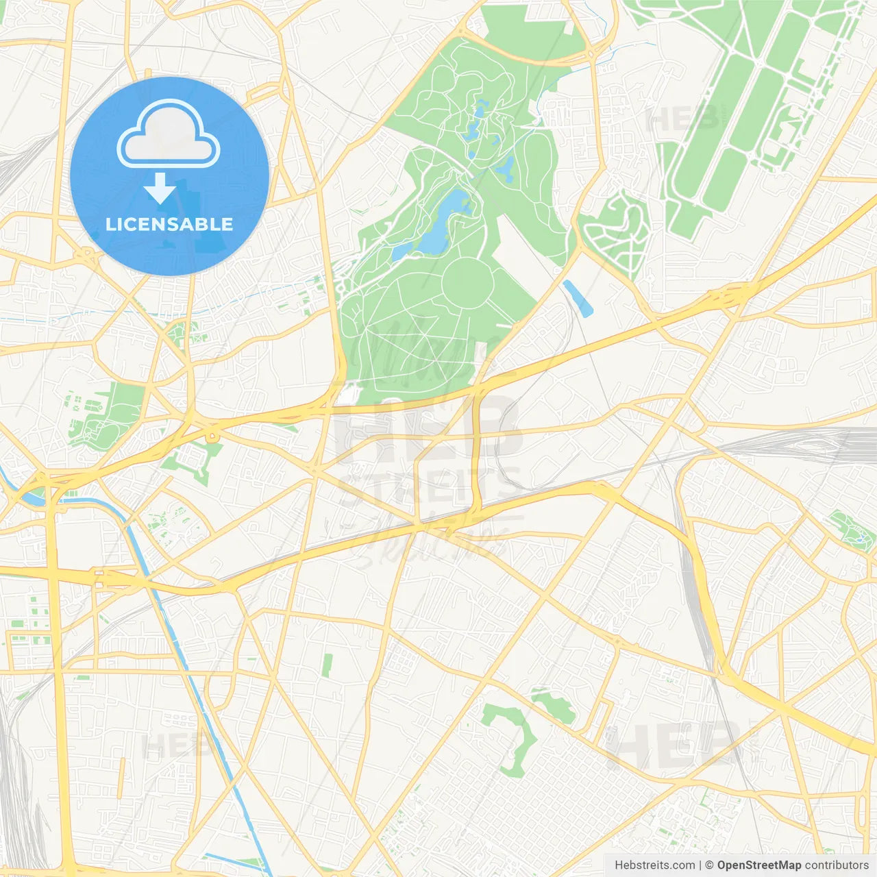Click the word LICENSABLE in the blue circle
pos(169,224)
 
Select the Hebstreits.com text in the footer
pos(654,865)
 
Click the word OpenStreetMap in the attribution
pos(758,865)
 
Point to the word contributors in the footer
pos(837,865)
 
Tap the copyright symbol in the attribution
pos(709,865)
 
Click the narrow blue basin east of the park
pos(578,298)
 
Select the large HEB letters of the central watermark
pos(428,428)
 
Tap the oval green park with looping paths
pos(616,233)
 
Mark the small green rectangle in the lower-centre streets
pos(328,665)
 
